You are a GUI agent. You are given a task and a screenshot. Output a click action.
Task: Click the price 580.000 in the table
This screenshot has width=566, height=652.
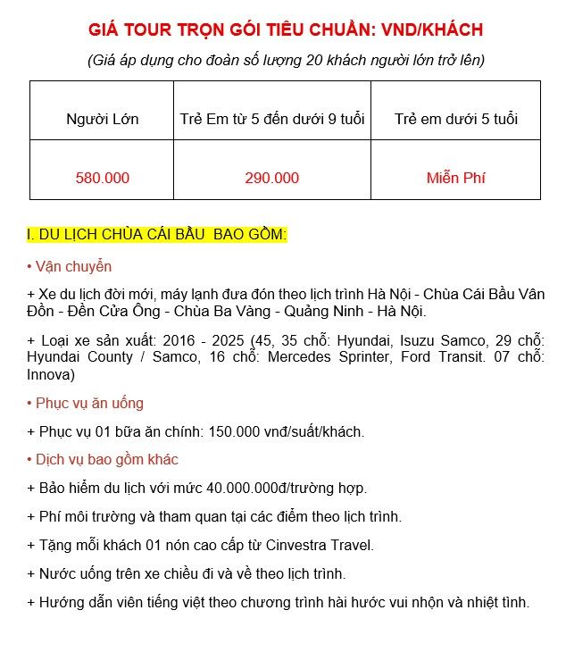(x=102, y=178)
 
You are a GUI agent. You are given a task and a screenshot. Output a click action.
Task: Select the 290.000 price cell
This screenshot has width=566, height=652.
(x=271, y=178)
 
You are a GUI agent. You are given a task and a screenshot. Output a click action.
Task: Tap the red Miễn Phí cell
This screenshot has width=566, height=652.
(x=455, y=178)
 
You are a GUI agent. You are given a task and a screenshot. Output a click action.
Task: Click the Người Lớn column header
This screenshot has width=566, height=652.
(x=102, y=119)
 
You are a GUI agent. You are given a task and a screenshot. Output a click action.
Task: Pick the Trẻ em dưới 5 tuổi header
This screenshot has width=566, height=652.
(x=455, y=119)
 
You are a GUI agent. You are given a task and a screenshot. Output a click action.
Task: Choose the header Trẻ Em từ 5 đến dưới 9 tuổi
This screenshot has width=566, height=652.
(x=271, y=119)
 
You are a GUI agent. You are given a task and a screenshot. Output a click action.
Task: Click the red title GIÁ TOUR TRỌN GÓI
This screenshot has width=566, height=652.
(x=286, y=30)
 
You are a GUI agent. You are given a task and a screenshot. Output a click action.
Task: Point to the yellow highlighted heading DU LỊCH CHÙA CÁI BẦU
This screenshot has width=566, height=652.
(x=157, y=235)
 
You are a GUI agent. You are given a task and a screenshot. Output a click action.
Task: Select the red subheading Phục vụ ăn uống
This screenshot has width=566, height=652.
(x=86, y=403)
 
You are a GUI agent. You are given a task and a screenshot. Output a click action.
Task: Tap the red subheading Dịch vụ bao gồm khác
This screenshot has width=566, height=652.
(x=103, y=459)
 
